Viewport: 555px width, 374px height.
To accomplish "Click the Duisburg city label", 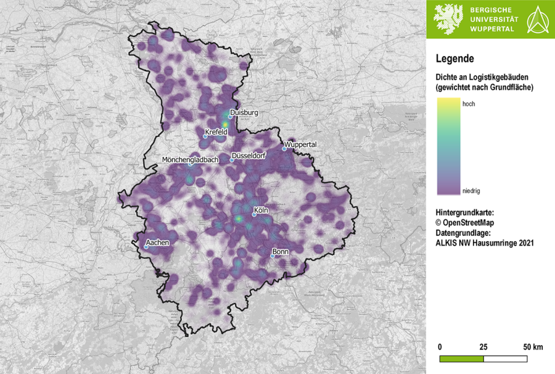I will click(244, 113).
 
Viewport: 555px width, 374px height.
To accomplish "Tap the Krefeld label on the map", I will click(216, 132).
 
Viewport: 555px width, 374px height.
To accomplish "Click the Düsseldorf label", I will click(249, 156).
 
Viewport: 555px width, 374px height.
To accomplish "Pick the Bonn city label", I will click(281, 252).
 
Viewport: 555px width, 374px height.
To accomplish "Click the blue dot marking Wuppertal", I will click(284, 148).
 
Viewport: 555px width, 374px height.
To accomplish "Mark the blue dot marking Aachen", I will click(146, 247).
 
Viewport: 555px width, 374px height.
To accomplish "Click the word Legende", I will click(454, 59).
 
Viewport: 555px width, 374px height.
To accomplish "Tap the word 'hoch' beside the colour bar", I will click(469, 104).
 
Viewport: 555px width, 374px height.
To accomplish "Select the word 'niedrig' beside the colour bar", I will click(472, 191).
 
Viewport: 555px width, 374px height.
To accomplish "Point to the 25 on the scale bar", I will click(483, 347).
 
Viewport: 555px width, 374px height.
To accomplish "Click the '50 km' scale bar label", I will click(533, 347).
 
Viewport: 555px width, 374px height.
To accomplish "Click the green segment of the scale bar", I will click(461, 359).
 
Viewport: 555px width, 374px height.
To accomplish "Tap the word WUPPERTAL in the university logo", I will click(495, 29).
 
